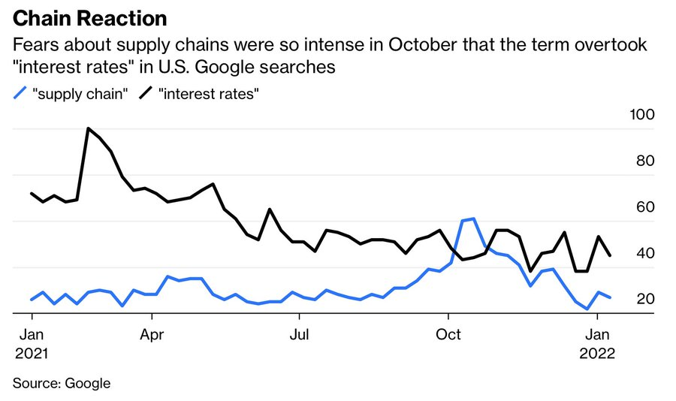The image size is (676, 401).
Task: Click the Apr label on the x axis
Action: pyautogui.click(x=152, y=334)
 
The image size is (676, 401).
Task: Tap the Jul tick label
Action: pyautogui.click(x=300, y=334)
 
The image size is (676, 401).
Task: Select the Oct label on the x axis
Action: pyautogui.click(x=448, y=334)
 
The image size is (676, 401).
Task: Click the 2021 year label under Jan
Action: pyautogui.click(x=31, y=353)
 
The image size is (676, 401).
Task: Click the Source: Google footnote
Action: pyautogui.click(x=62, y=383)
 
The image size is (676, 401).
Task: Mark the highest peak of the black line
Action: pyautogui.click(x=88, y=128)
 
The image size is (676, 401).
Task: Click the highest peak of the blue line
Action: pyautogui.click(x=473, y=219)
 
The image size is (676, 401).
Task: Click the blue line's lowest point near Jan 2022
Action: pyautogui.click(x=587, y=309)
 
